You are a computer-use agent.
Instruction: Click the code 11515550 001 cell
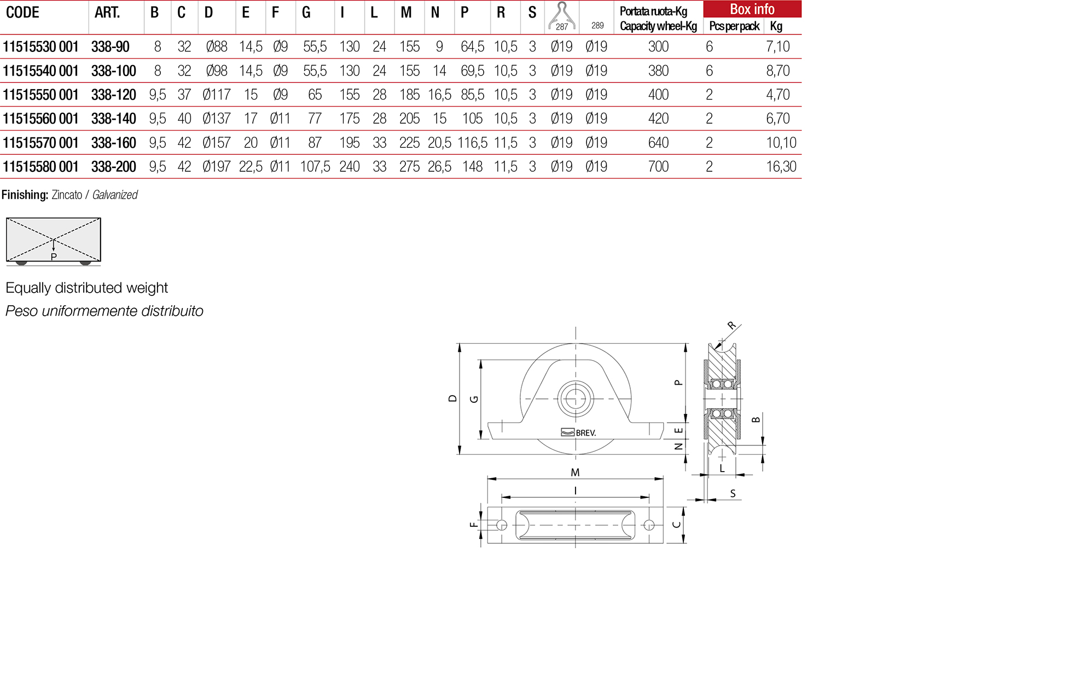tap(41, 95)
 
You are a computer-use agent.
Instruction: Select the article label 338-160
tap(113, 143)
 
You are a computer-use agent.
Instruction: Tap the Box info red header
tap(752, 9)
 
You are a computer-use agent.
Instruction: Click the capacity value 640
tap(658, 143)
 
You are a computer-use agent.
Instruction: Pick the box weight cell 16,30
tap(781, 167)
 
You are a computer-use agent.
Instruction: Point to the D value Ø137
tap(216, 119)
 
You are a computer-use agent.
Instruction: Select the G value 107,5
tap(315, 167)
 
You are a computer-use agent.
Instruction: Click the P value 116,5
tap(472, 143)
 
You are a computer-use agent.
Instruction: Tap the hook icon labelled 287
tap(562, 15)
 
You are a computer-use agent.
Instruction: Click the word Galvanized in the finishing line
tap(115, 195)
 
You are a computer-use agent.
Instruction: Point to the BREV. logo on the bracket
tap(579, 432)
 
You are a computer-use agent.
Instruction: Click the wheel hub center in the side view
tap(576, 399)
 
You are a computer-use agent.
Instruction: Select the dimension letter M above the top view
tap(575, 472)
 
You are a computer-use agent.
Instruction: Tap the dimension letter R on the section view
tap(731, 326)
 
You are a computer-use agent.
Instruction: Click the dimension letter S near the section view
tap(733, 494)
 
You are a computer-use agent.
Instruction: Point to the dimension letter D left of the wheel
tap(452, 398)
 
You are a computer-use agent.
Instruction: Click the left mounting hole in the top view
tap(502, 525)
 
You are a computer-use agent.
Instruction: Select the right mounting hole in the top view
tap(649, 525)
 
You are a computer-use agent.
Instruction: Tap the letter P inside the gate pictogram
tap(54, 257)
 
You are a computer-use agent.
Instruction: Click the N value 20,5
tap(439, 143)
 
